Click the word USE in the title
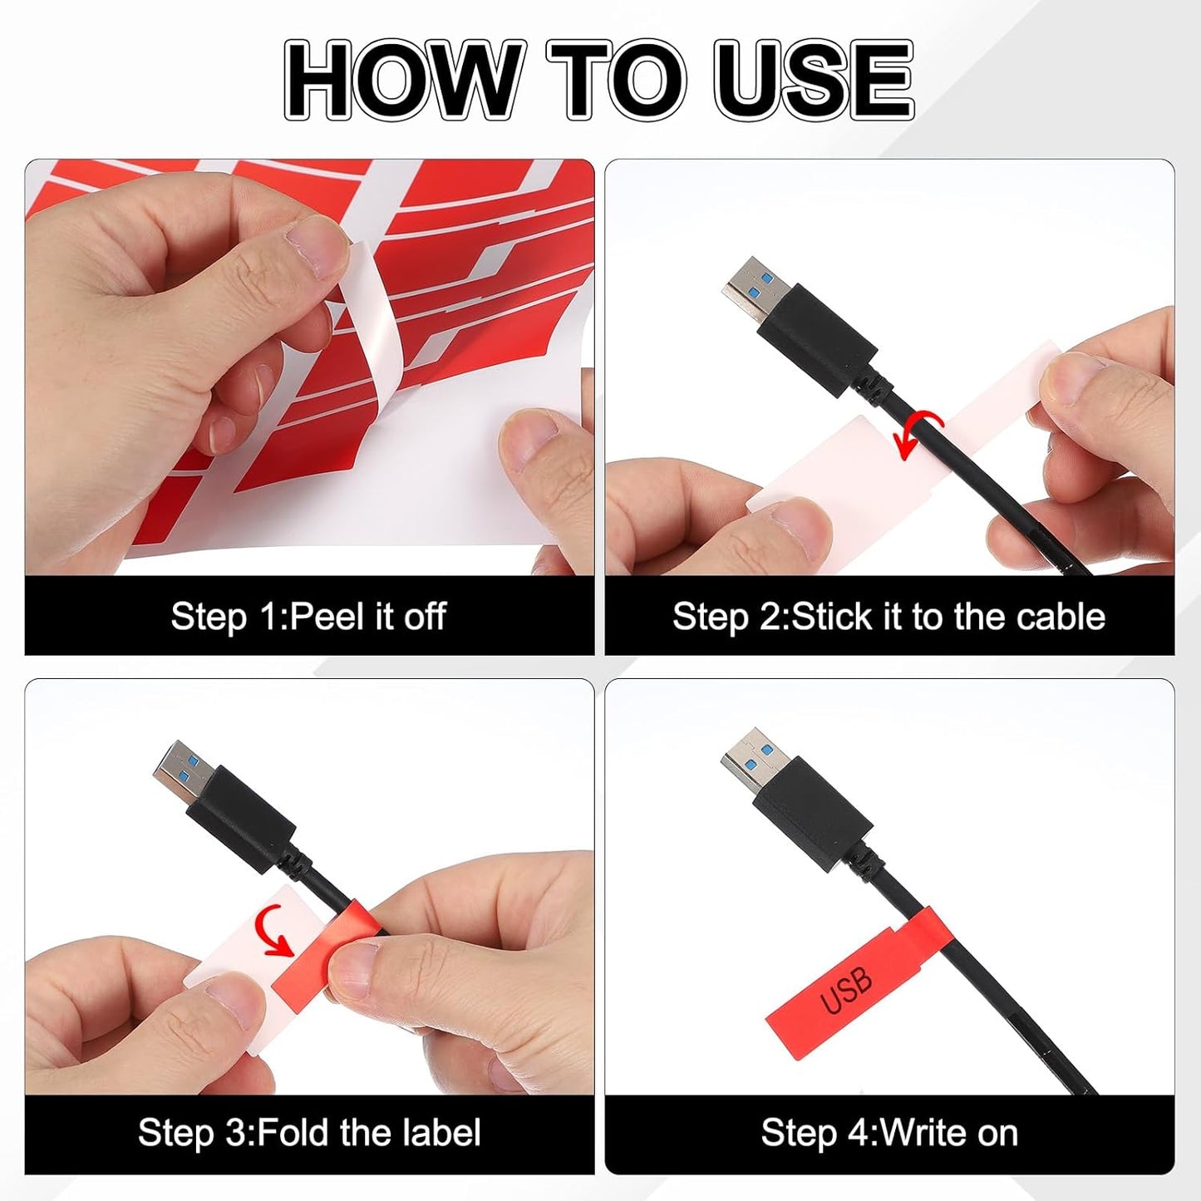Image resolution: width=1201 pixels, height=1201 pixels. pyautogui.click(x=813, y=81)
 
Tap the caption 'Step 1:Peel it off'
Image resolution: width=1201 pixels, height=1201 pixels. pyautogui.click(x=308, y=617)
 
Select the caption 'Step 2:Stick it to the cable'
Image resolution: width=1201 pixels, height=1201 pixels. pyautogui.click(x=888, y=617)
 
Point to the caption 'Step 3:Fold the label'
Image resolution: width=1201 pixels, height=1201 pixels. pyautogui.click(x=309, y=1133)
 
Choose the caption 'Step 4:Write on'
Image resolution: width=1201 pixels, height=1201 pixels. pyautogui.click(x=889, y=1133)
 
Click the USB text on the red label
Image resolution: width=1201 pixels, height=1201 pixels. pyautogui.click(x=846, y=991)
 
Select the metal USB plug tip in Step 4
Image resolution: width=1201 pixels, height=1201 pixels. pyautogui.click(x=751, y=756)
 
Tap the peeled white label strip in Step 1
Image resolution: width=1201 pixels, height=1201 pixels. pyautogui.click(x=364, y=332)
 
